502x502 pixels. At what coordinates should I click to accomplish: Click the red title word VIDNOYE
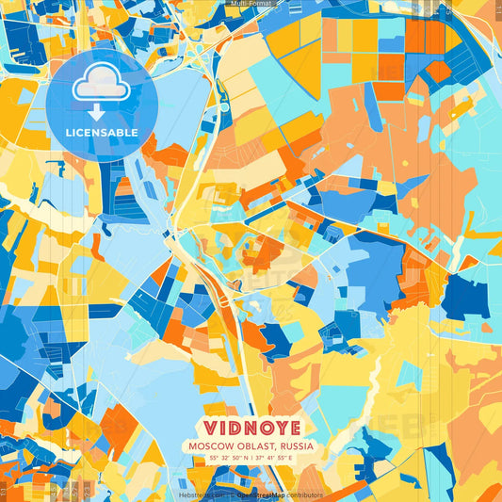(x=250, y=426)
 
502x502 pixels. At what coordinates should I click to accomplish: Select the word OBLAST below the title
(x=252, y=445)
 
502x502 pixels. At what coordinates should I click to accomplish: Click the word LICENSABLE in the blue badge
(x=102, y=133)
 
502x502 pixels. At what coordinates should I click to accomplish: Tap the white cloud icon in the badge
(x=102, y=88)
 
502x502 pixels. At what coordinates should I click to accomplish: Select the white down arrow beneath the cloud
(x=102, y=112)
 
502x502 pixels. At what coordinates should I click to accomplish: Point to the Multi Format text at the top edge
(x=250, y=4)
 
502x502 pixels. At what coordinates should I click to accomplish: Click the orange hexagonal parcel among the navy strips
(x=437, y=72)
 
